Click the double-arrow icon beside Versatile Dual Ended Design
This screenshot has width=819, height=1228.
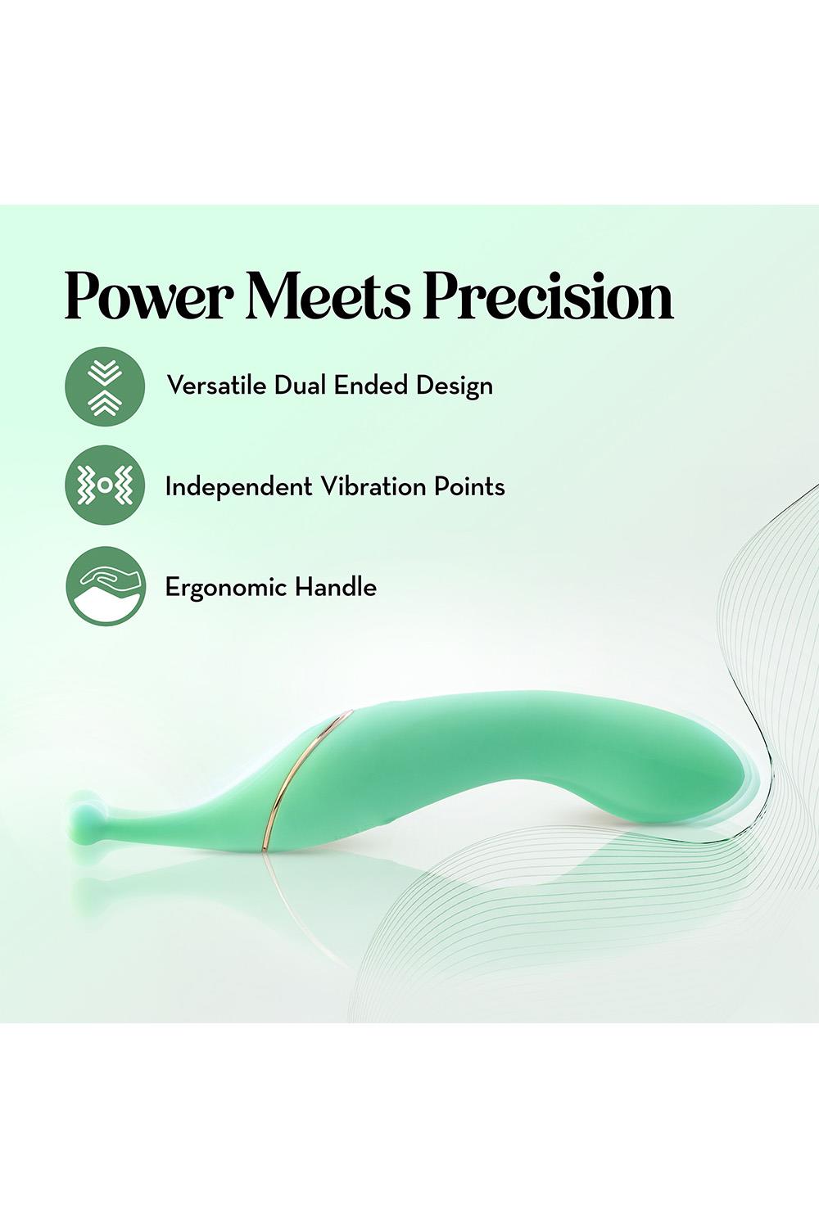coord(105,387)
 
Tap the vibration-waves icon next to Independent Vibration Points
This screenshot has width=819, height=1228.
coord(105,485)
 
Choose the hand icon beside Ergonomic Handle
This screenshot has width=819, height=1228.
coord(106,586)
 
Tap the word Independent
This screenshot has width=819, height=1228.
coord(238,487)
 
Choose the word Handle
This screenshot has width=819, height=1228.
coord(336,587)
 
